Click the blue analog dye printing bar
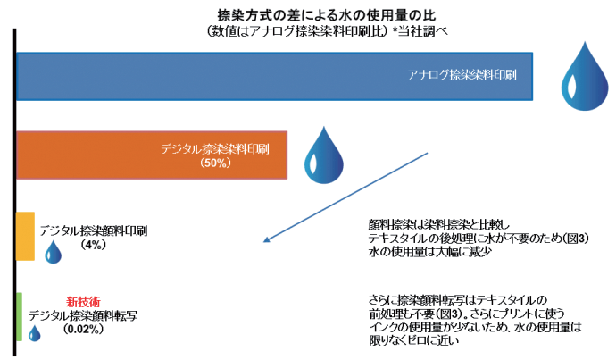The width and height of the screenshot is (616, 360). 275,76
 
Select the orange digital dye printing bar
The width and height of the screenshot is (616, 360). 152,155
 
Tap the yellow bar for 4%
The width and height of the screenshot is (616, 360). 25,236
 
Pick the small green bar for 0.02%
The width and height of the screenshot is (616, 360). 20,317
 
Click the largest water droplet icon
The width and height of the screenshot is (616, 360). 585,77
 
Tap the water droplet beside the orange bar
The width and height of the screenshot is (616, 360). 324,155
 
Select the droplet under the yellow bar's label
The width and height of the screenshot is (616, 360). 53,252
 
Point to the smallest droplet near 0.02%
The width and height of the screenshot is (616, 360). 35,333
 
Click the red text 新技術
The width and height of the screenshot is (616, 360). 83,302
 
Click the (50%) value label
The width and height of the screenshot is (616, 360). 215,163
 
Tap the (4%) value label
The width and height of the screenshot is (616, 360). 93,245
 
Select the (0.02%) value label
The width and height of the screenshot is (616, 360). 83,329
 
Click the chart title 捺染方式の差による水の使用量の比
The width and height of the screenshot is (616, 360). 327,15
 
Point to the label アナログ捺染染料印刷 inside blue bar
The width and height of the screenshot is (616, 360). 462,75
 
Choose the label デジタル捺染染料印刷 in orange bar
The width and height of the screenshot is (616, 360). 215,149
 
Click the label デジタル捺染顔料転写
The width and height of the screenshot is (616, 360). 83,315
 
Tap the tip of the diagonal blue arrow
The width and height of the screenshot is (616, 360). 263,242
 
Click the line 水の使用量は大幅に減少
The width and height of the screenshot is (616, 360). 430,252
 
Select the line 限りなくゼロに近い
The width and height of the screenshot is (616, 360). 413,340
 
